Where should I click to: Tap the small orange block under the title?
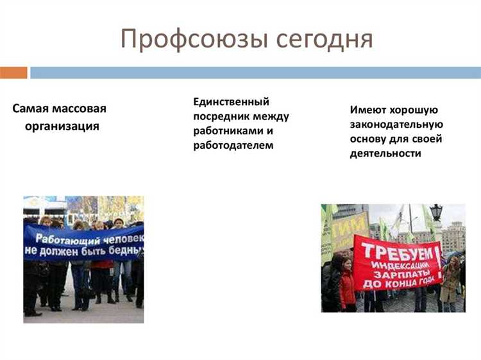(13, 73)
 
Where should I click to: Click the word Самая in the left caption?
(30, 108)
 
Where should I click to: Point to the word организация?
(62, 126)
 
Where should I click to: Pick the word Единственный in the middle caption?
(231, 101)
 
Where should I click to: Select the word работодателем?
(233, 145)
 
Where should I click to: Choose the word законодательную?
(396, 124)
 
